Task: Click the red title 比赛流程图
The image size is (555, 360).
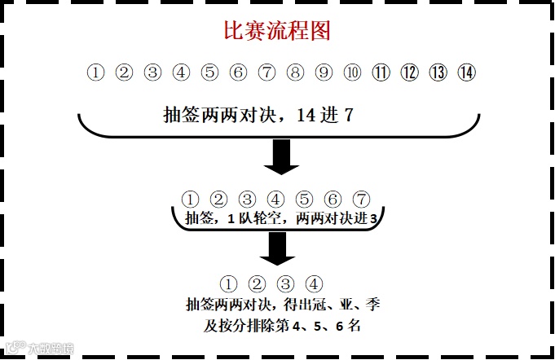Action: click(x=276, y=32)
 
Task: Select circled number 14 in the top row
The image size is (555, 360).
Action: click(x=466, y=72)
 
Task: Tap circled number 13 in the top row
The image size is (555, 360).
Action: click(x=438, y=72)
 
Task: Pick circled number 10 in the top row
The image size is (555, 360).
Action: click(x=352, y=72)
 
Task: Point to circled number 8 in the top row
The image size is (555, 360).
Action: click(x=295, y=72)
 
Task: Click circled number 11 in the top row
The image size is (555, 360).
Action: click(x=381, y=72)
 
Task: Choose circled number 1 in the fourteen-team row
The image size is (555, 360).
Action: click(x=96, y=72)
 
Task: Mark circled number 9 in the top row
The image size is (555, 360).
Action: click(x=324, y=72)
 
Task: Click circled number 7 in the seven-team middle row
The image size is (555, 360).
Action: click(x=362, y=199)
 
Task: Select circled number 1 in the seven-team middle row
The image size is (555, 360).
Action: click(x=190, y=199)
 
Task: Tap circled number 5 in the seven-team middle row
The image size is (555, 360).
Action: click(x=304, y=199)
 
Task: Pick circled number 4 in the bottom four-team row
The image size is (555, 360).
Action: click(x=314, y=284)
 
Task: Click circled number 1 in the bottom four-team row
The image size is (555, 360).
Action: click(x=228, y=284)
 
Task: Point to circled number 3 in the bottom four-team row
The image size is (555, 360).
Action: click(x=285, y=284)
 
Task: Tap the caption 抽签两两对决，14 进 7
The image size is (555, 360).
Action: click(x=258, y=115)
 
